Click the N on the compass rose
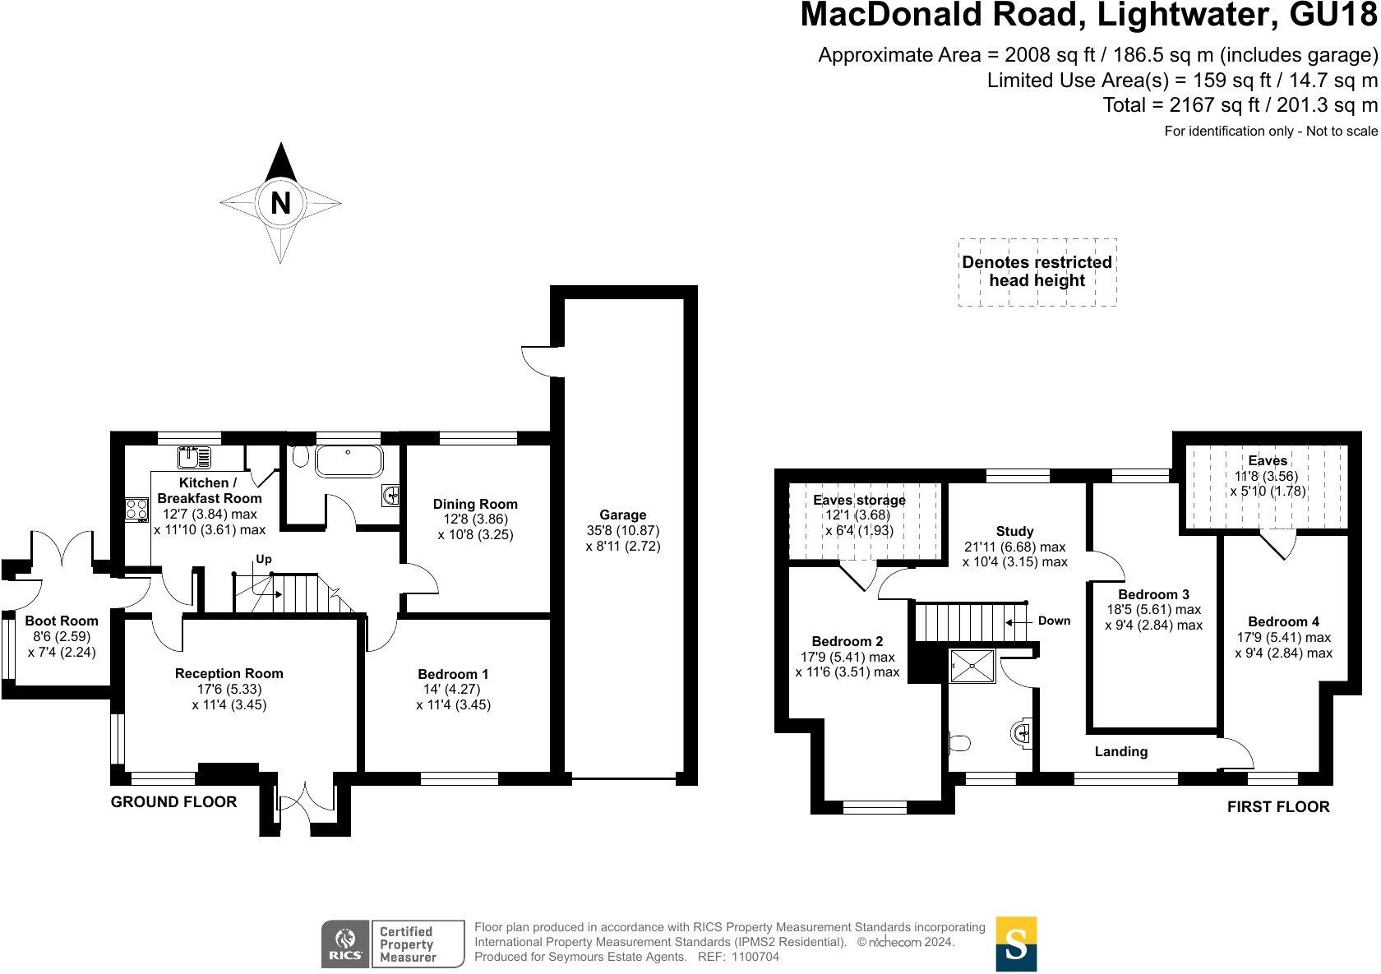point(280,202)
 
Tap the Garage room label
point(622,515)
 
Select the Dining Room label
point(475,504)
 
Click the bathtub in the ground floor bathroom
point(349,462)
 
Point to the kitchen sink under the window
point(194,455)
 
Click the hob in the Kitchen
point(136,509)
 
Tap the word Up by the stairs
point(263,559)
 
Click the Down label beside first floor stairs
point(1054,621)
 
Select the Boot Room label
point(61,621)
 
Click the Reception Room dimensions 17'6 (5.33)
point(229,689)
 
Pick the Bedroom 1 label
point(452,674)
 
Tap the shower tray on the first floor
point(972,667)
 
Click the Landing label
point(1120,751)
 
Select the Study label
point(1014,531)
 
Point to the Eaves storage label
point(859,500)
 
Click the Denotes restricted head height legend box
point(1037,272)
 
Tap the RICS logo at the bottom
point(343,944)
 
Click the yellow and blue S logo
point(1016,944)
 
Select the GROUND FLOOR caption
point(173,801)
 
